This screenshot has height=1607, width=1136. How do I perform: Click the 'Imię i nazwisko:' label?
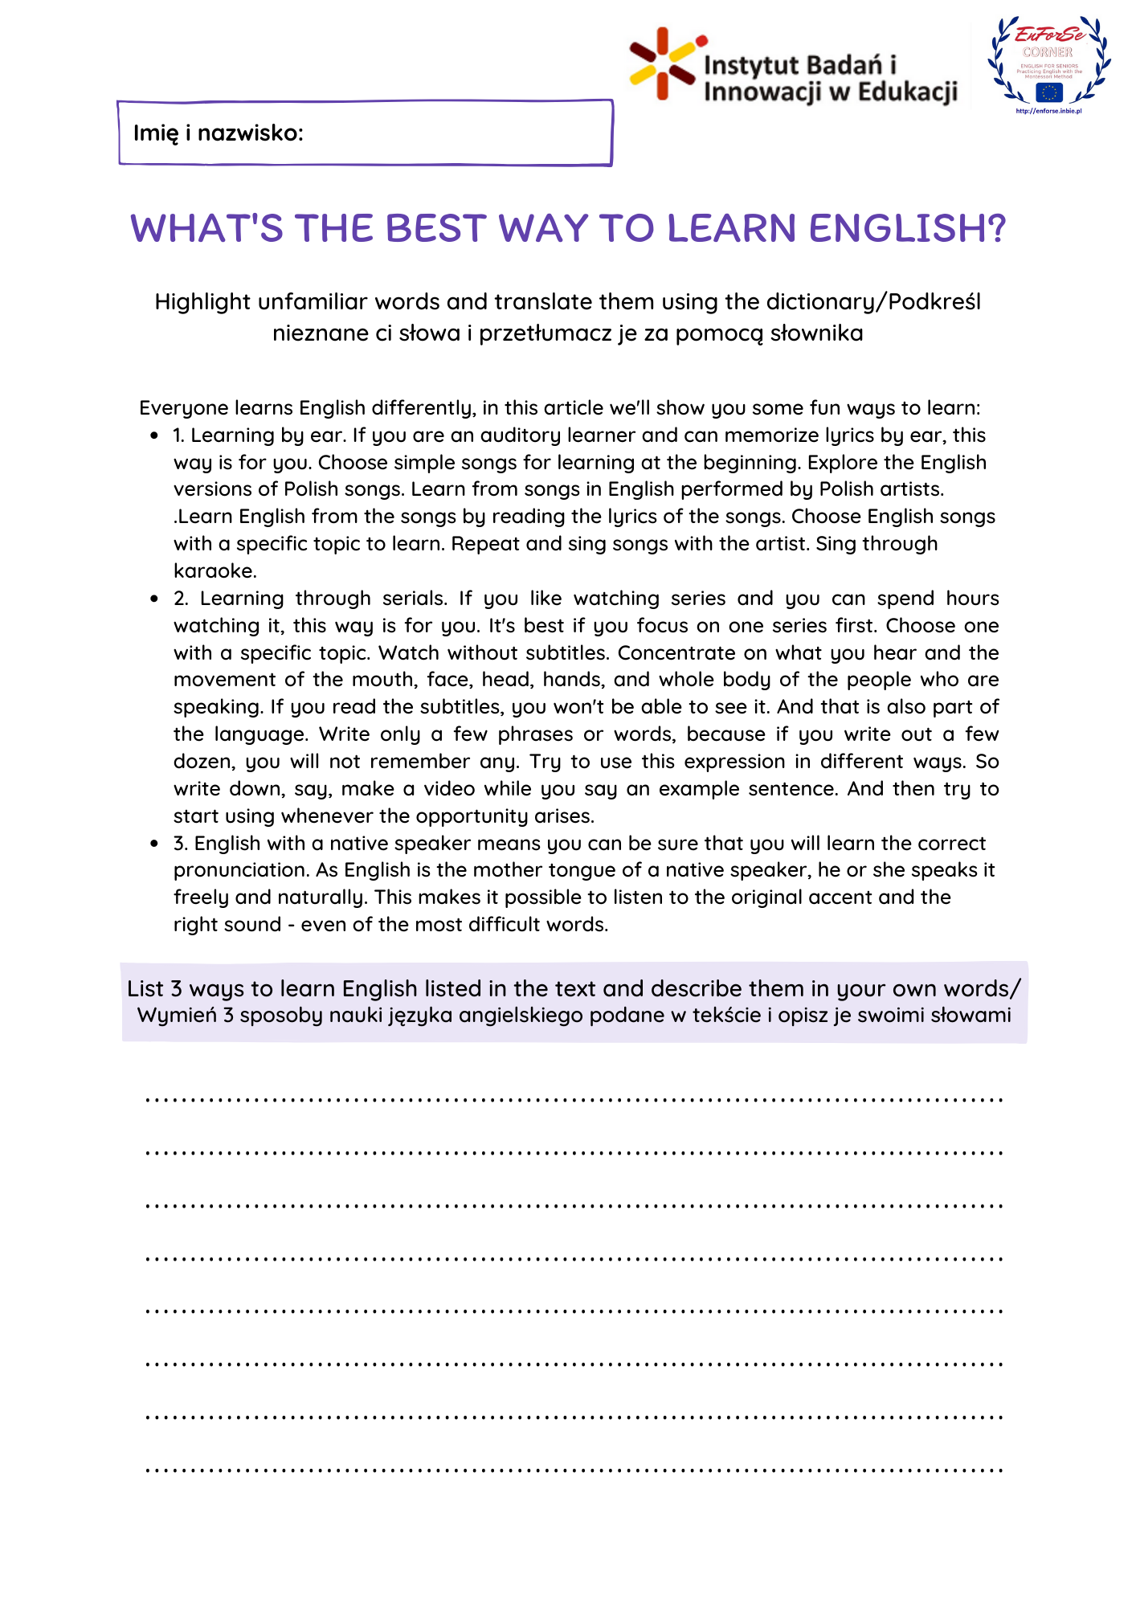point(218,133)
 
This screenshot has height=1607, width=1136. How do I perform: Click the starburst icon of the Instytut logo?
point(663,64)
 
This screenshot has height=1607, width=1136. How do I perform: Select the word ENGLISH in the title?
point(907,228)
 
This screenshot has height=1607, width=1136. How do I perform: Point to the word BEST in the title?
point(434,228)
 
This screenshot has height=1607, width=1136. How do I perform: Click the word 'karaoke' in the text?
point(213,570)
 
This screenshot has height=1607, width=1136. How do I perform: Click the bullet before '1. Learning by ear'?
point(154,435)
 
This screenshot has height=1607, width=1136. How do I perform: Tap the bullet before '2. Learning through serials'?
point(154,599)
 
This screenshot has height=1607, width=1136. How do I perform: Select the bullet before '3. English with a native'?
point(154,844)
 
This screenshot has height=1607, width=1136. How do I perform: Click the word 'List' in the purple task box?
point(145,989)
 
